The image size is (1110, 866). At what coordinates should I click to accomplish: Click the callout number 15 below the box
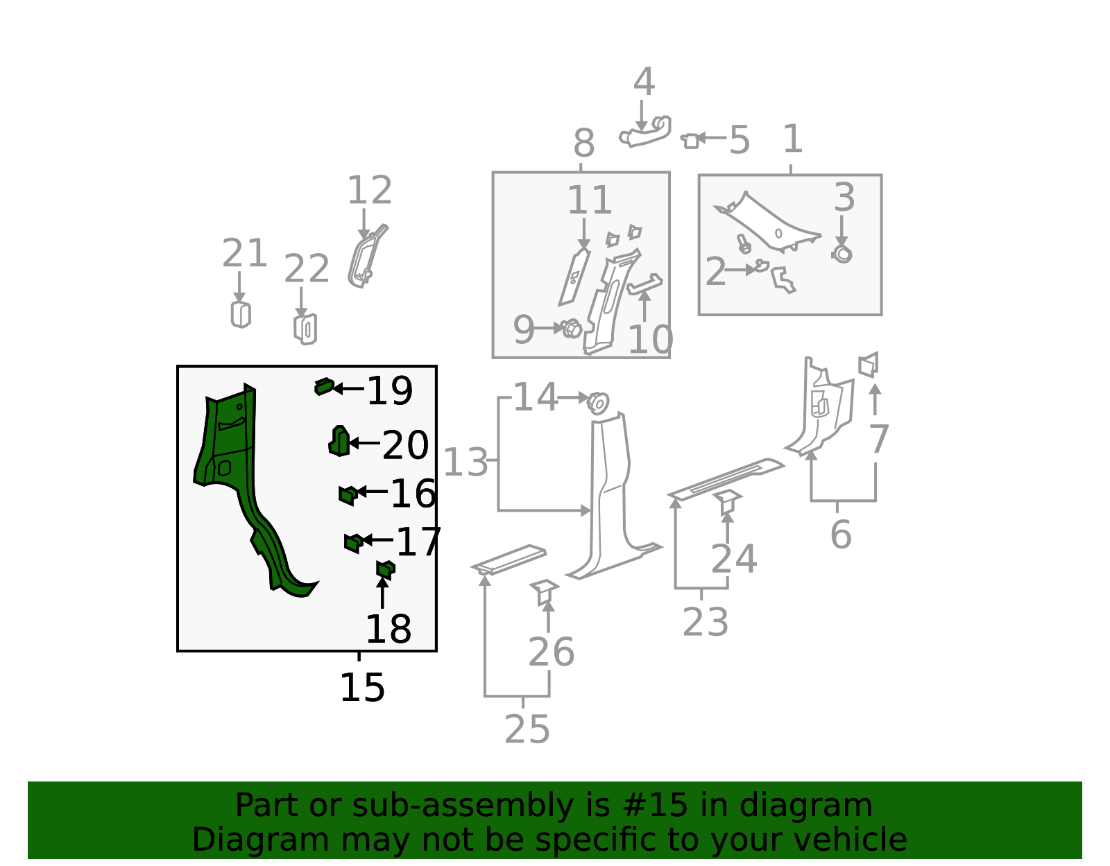[362, 688]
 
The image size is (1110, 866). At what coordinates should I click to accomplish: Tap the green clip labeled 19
[324, 387]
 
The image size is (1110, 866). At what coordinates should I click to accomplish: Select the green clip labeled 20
[339, 441]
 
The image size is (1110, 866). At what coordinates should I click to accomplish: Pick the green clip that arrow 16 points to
[348, 495]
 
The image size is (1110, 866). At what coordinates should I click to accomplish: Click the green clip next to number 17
[354, 543]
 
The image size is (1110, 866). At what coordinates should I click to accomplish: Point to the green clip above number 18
[385, 569]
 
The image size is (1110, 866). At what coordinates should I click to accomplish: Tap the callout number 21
[244, 253]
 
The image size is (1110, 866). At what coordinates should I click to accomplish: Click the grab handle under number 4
[645, 132]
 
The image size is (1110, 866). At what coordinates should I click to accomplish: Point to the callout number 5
[739, 140]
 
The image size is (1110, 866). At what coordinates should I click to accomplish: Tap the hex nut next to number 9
[572, 329]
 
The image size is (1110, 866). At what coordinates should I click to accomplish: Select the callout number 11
[590, 200]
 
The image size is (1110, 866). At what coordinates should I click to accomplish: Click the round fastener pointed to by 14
[598, 403]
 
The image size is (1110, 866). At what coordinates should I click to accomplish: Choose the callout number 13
[466, 462]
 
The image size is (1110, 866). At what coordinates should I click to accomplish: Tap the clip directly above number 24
[728, 502]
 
